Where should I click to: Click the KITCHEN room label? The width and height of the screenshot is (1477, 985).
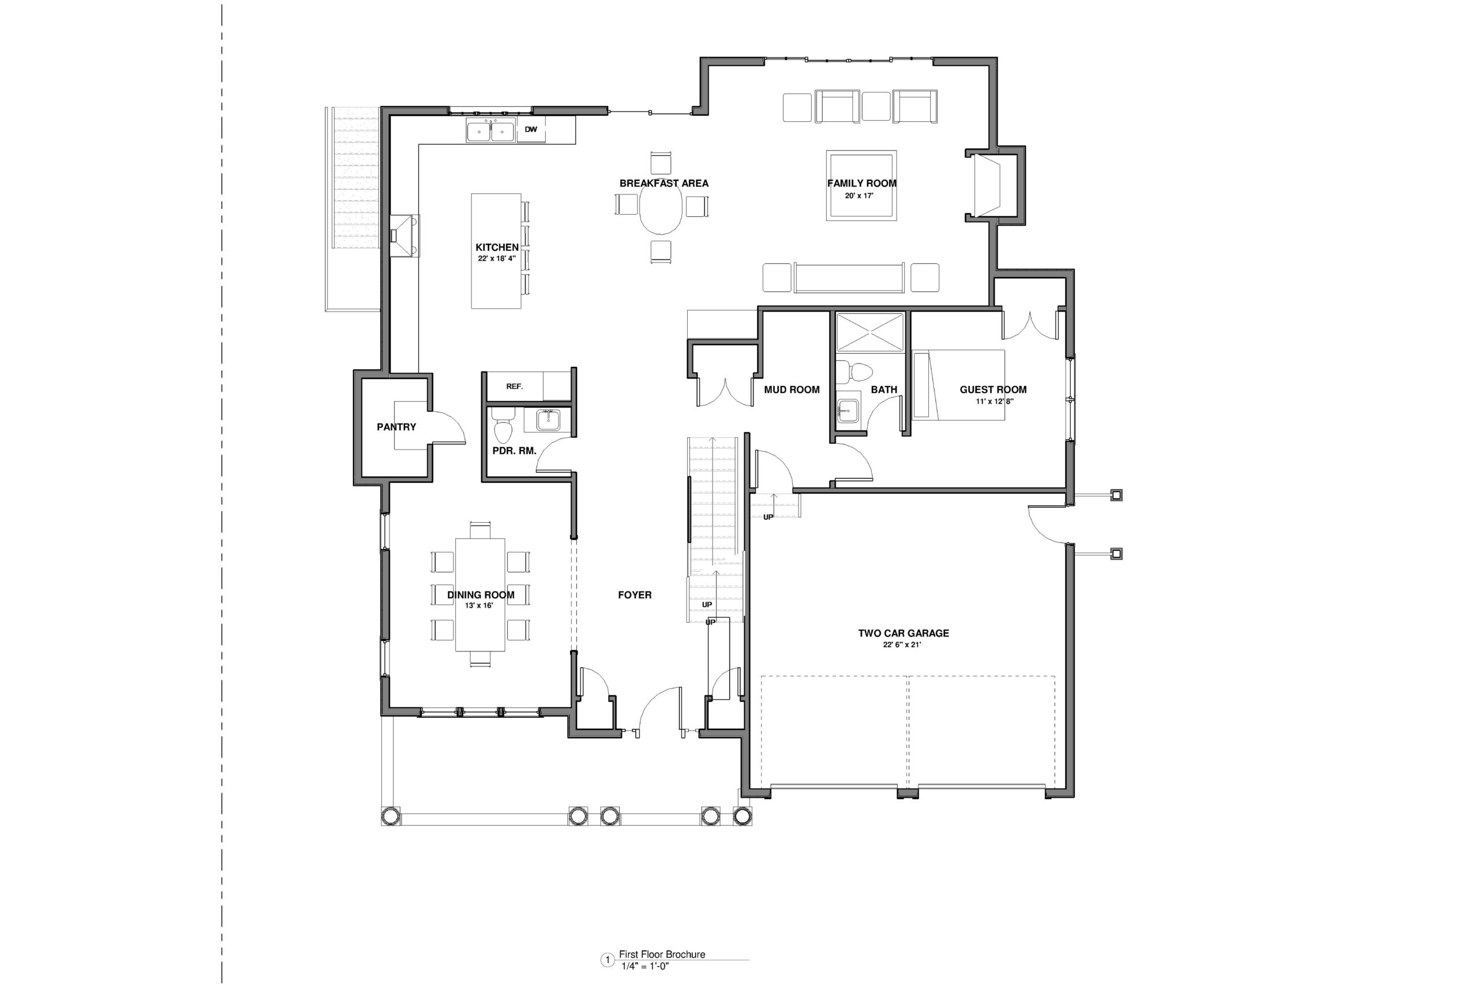(x=497, y=248)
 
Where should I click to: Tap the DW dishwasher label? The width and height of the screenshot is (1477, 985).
(x=531, y=129)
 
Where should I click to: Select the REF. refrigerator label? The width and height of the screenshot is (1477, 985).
(x=514, y=387)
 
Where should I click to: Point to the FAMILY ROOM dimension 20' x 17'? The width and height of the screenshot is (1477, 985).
(x=859, y=196)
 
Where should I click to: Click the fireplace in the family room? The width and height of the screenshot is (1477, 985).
(x=986, y=186)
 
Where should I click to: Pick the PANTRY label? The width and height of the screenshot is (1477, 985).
(x=396, y=427)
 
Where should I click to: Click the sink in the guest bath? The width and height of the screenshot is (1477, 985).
(x=848, y=410)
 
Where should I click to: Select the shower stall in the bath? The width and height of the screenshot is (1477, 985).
(x=869, y=332)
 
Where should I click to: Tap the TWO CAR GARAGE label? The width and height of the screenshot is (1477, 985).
(x=904, y=633)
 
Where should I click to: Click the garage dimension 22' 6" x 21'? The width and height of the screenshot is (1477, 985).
(x=902, y=645)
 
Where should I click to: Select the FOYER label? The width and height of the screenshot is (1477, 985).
(x=635, y=595)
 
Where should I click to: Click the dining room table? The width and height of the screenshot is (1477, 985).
(x=481, y=594)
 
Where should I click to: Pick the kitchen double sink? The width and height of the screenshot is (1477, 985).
(x=490, y=130)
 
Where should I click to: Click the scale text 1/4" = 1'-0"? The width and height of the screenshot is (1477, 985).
(x=645, y=966)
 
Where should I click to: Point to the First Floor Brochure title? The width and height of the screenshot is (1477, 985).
(x=662, y=954)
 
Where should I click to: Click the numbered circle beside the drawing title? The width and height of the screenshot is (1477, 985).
(x=608, y=960)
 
